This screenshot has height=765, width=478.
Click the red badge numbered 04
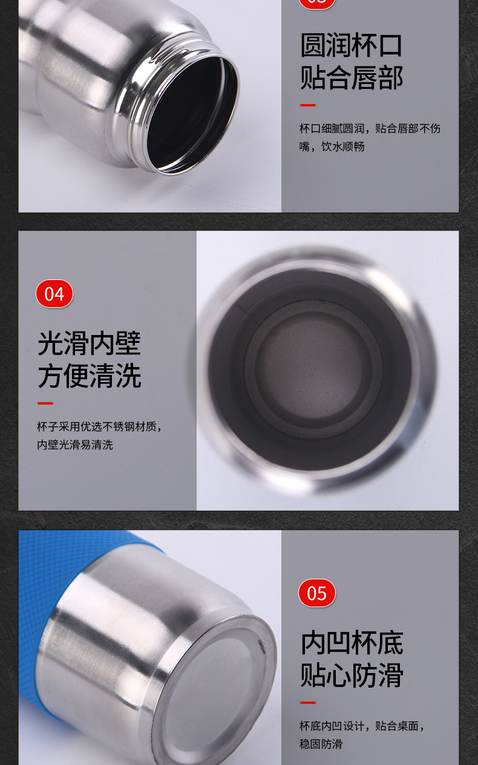54,294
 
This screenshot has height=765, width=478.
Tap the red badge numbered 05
317,593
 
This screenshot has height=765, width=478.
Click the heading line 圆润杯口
352,45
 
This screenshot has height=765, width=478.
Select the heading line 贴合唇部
352,78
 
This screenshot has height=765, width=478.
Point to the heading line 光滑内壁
89,343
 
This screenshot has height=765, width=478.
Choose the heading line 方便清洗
90,376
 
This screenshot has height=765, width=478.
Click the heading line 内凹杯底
352,642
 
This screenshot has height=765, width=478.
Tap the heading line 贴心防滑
352,675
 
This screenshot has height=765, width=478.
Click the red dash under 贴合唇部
308,105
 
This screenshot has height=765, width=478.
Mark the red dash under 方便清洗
45,403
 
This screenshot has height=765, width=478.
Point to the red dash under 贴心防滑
308,703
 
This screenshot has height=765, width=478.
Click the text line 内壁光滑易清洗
75,444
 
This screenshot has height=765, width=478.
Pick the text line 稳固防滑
321,744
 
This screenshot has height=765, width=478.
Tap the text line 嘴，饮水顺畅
332,146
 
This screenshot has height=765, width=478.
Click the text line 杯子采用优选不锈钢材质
99,426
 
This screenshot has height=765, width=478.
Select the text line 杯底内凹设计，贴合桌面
361,726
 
